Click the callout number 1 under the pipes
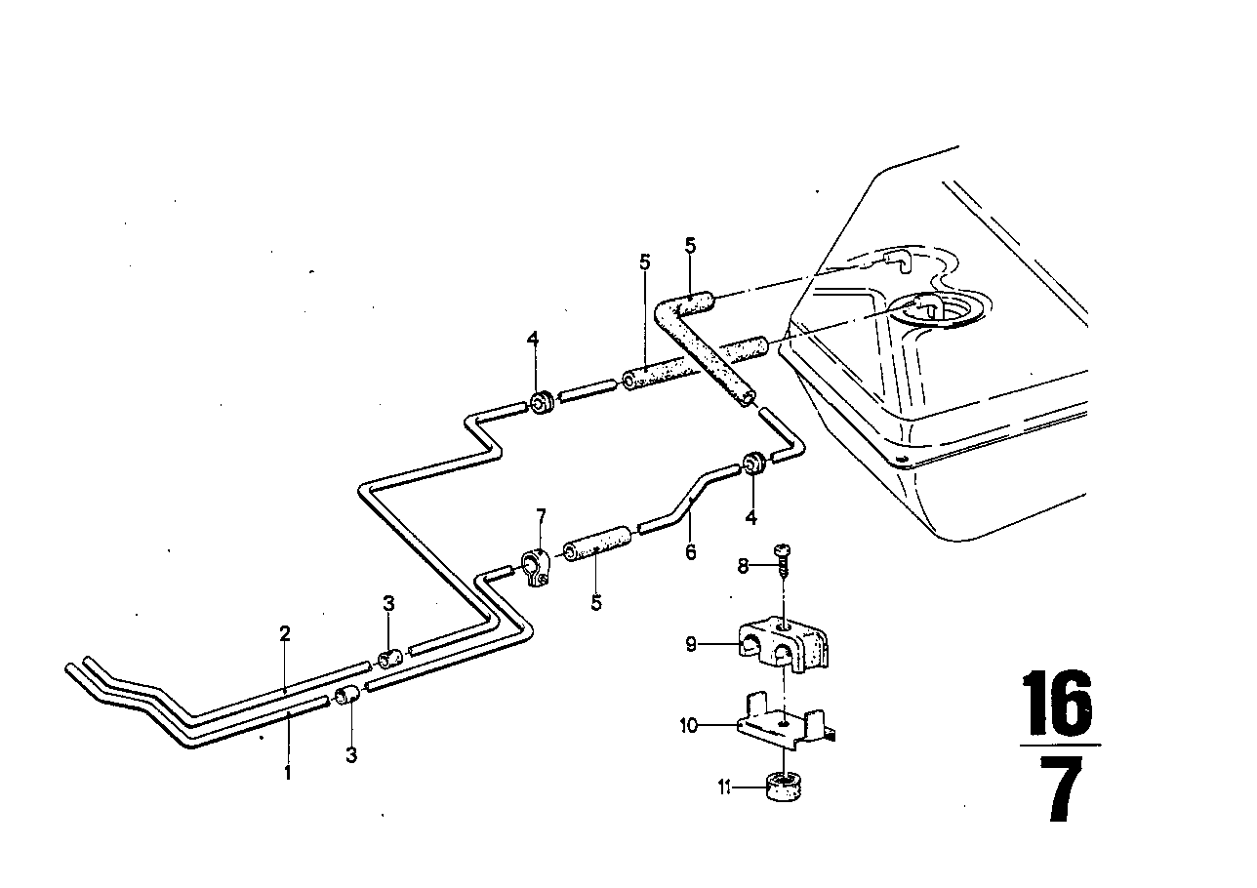point(288,772)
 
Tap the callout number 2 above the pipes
point(285,633)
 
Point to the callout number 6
point(691,552)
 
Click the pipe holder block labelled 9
point(786,644)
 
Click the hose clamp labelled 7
point(537,568)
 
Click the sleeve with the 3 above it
point(388,660)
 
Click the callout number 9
point(691,645)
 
